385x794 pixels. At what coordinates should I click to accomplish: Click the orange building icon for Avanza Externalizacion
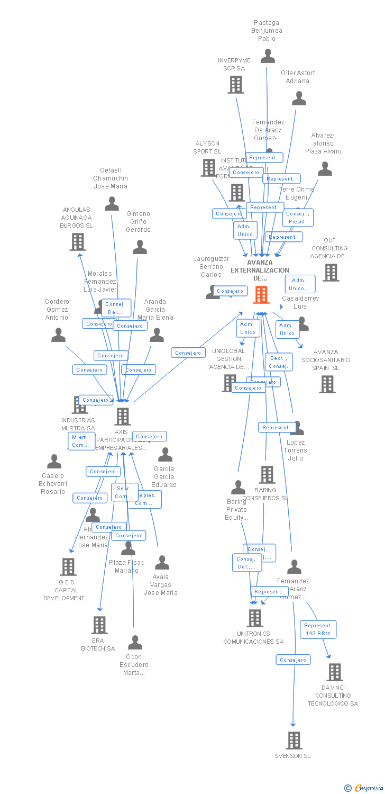261,295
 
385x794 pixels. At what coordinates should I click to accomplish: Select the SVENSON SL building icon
294,740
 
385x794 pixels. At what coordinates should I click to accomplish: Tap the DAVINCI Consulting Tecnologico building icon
334,672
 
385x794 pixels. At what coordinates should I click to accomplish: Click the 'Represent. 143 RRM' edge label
318,629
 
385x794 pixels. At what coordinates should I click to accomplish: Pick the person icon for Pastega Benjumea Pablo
268,56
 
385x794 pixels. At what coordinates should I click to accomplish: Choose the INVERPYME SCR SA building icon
235,84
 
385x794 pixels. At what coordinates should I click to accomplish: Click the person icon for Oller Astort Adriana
299,98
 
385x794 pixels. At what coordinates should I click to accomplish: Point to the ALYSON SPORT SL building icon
208,168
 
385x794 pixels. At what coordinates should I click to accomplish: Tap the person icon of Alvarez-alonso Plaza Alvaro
325,168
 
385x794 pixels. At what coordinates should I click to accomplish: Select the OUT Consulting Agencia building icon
331,272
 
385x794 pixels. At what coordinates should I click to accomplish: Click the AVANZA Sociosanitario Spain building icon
327,384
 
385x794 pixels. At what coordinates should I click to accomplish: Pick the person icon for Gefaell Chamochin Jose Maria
112,203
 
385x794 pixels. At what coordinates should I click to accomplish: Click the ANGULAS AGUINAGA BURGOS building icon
78,241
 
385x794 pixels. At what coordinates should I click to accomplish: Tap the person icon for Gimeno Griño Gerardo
140,247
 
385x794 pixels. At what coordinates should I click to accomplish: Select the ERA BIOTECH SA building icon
99,625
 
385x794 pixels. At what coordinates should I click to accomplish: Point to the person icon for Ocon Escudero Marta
135,642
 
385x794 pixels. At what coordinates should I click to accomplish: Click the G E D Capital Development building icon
68,566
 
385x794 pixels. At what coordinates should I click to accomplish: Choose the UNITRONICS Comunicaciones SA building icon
255,618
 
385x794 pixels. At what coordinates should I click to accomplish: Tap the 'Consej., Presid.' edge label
298,218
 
